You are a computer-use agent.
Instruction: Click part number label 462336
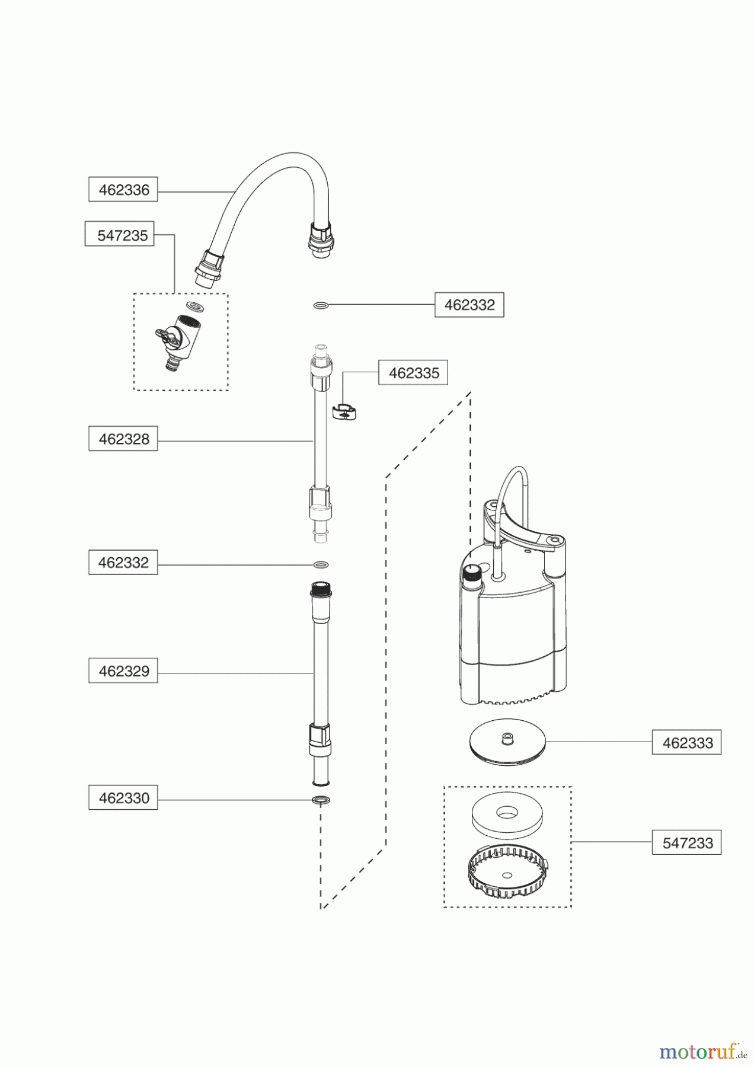[x=123, y=190]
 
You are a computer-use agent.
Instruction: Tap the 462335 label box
[x=413, y=373]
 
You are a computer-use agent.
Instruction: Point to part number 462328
[x=123, y=439]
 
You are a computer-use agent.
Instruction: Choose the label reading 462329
[x=123, y=671]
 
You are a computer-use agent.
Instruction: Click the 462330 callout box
[x=123, y=798]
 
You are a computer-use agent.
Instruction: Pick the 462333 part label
[x=686, y=743]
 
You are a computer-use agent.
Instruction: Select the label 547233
[x=686, y=842]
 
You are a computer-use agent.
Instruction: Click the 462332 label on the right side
[x=469, y=305]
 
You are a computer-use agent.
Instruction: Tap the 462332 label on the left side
[x=123, y=563]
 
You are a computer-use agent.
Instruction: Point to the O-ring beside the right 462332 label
[x=321, y=306]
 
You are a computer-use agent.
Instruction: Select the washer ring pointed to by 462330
[x=321, y=800]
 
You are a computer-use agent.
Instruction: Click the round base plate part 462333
[x=507, y=745]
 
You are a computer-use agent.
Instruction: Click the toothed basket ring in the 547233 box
[x=507, y=869]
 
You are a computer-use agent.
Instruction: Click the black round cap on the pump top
[x=472, y=571]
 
